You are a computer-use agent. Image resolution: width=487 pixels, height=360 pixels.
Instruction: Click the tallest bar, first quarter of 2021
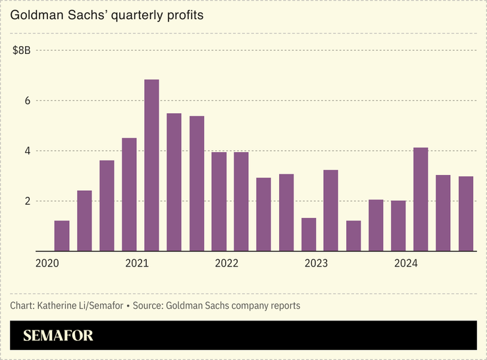(x=151, y=165)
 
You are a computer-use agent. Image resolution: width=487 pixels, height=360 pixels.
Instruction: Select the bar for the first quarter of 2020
(x=62, y=236)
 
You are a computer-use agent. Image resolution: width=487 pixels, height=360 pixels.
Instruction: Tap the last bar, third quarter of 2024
(x=466, y=214)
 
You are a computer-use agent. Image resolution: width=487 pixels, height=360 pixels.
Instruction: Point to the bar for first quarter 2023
(x=309, y=234)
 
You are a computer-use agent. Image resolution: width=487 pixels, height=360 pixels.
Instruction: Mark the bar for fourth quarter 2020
(x=129, y=195)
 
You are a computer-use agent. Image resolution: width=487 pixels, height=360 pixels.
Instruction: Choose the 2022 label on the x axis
(x=226, y=263)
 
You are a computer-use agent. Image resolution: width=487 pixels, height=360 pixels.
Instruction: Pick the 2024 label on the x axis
(x=406, y=263)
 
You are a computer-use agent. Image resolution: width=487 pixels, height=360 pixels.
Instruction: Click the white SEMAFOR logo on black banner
(x=58, y=336)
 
